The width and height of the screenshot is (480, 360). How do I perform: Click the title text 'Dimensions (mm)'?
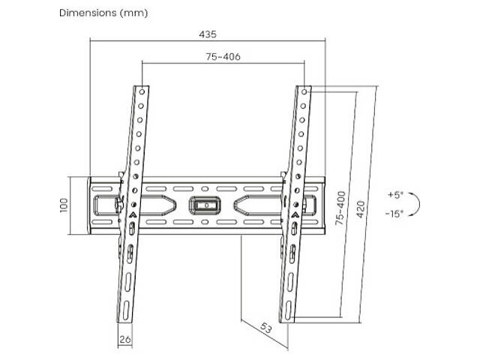coord(103,13)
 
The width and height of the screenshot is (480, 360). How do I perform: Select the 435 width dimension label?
coord(208,34)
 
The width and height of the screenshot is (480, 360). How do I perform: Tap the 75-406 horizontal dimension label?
coord(223,57)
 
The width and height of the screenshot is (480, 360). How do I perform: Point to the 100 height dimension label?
coord(63,205)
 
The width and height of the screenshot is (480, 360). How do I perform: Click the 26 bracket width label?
coord(125,339)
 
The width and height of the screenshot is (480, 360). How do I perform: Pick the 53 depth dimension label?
coord(265,328)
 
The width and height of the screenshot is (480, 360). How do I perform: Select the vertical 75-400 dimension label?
coord(340,208)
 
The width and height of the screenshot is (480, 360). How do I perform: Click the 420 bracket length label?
coord(360,209)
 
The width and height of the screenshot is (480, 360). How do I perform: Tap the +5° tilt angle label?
coord(395,195)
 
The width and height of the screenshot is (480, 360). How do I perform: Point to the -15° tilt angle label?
coord(394,214)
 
